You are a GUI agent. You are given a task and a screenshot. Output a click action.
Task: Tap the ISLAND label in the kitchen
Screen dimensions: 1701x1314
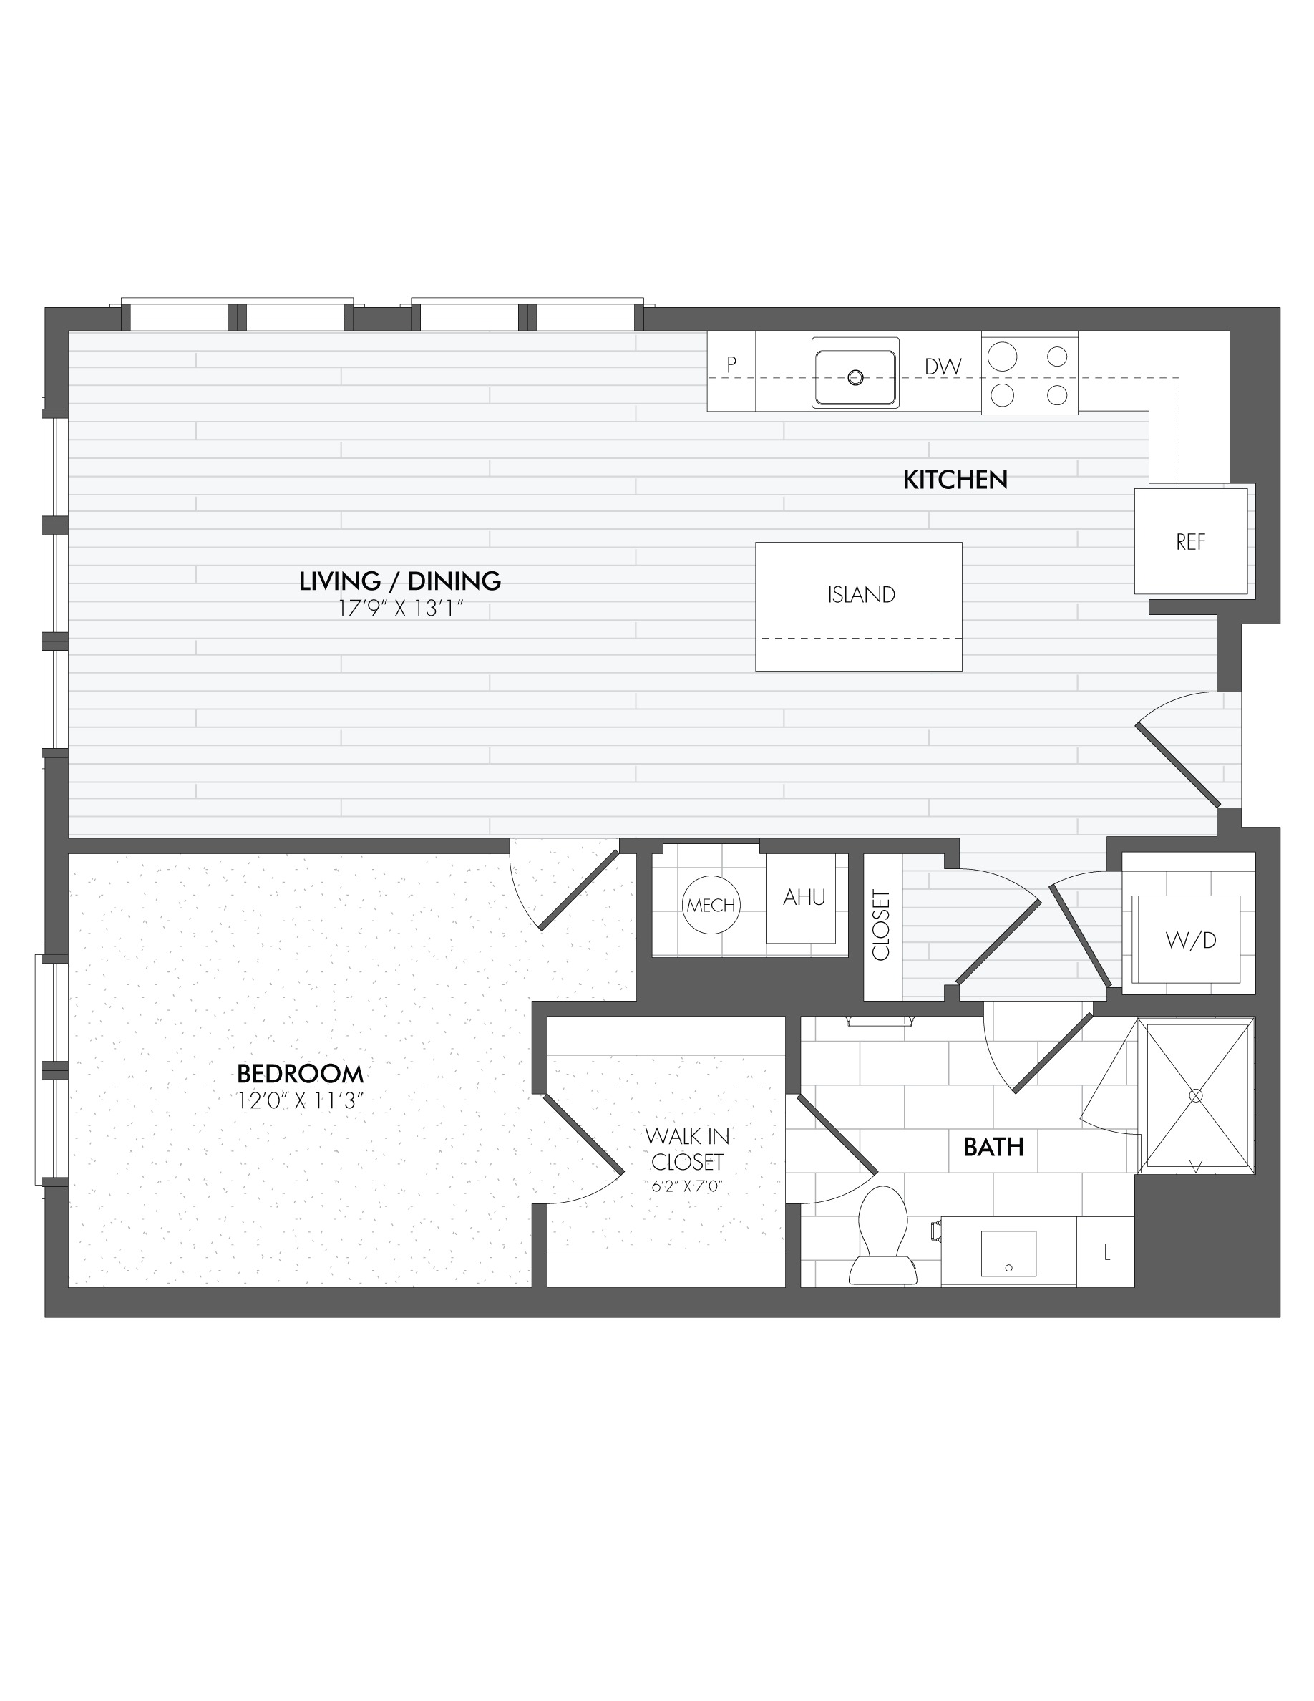[860, 595]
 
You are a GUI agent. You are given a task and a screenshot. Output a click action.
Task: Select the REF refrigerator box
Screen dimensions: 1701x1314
[1189, 541]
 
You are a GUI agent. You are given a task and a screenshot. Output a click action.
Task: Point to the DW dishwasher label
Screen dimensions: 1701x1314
[943, 366]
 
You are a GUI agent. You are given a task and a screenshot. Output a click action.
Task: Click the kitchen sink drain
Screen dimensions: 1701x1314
[855, 378]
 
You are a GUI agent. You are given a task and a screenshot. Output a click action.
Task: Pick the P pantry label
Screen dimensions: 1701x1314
[731, 364]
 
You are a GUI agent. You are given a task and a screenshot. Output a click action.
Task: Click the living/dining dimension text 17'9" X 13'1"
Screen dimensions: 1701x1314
[400, 609]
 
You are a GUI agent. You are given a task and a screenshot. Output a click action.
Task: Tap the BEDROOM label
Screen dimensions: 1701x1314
[300, 1074]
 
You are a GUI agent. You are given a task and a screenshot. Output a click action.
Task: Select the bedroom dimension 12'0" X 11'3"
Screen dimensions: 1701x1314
[300, 1100]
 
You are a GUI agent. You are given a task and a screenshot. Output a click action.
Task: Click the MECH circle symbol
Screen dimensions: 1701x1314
[711, 905]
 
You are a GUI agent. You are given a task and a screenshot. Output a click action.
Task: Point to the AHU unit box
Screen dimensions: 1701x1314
[802, 898]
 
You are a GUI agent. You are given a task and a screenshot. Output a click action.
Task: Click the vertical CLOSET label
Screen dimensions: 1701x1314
[881, 925]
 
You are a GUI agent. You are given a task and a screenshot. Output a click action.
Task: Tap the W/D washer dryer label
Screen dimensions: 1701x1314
[1189, 940]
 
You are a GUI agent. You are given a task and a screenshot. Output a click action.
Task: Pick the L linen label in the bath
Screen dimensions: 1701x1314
[1106, 1252]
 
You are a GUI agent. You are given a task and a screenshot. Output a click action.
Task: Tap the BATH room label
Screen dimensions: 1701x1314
[993, 1146]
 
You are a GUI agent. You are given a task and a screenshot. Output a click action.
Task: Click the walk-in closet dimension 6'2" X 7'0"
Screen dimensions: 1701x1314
[687, 1187]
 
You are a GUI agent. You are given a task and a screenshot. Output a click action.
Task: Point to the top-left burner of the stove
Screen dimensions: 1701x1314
[1002, 357]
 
